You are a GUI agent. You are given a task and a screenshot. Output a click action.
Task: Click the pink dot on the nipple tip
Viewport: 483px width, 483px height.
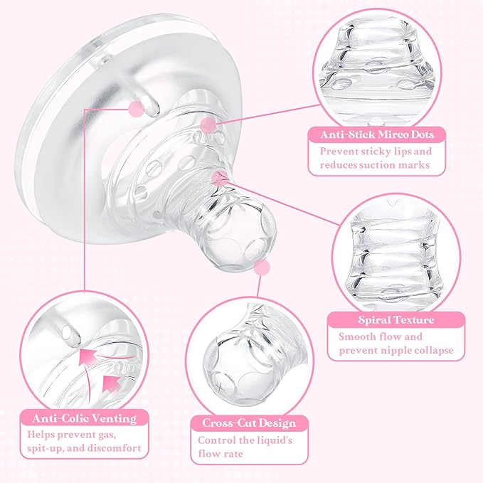(x=262, y=267)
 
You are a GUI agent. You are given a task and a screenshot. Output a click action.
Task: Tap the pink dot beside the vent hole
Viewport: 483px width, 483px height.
(x=134, y=109)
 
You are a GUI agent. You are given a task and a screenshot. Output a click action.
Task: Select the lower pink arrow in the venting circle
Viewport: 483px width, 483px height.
(x=112, y=383)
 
